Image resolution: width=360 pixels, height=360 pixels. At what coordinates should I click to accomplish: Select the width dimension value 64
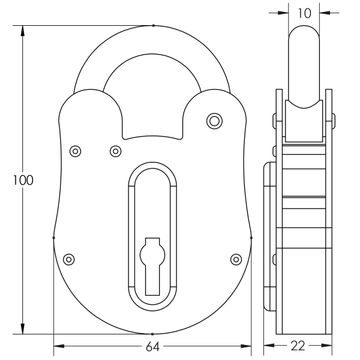[x=153, y=346]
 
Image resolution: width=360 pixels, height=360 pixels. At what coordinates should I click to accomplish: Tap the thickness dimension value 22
[x=298, y=346]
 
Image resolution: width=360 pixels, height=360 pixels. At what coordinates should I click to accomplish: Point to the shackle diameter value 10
[x=305, y=12]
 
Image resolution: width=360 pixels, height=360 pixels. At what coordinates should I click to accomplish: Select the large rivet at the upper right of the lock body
[x=214, y=120]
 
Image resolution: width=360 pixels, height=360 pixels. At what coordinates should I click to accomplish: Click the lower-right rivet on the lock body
[x=236, y=259]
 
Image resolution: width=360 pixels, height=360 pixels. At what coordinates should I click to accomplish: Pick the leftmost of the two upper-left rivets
[x=76, y=151]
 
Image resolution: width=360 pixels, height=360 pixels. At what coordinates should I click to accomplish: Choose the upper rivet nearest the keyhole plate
[x=116, y=151]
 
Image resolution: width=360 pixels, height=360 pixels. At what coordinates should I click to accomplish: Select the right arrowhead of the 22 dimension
[x=328, y=346]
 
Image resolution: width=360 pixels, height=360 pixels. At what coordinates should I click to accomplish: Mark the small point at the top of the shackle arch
[x=153, y=26]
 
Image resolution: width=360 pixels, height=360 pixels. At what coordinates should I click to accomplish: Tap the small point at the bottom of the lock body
[x=153, y=334]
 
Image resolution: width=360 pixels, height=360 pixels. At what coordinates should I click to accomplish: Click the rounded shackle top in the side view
[x=305, y=36]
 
